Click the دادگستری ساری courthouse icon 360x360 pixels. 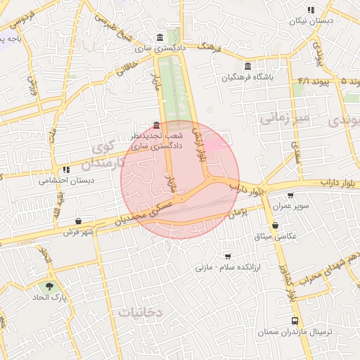tap(161, 38)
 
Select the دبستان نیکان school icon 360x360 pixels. tap(310, 10)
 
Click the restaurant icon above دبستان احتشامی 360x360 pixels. tap(66, 169)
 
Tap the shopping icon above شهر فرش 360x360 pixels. tap(78, 221)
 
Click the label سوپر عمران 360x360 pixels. tap(292, 207)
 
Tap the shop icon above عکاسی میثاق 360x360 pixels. tap(274, 225)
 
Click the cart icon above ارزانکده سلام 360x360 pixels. tap(226, 256)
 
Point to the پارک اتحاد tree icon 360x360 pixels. tap(49, 286)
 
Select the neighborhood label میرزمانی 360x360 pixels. tap(284, 117)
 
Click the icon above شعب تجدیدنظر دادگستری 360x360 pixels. tap(155, 125)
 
